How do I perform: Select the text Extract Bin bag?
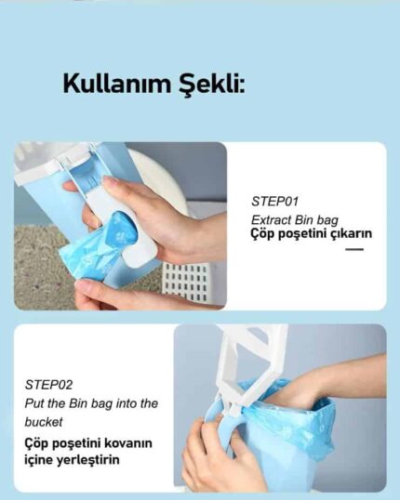pos(295,219)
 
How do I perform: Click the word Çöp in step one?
pos(264,233)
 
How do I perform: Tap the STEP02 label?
pos(49,383)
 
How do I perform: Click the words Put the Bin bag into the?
pos(91,402)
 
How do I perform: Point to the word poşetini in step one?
pos(303,233)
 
